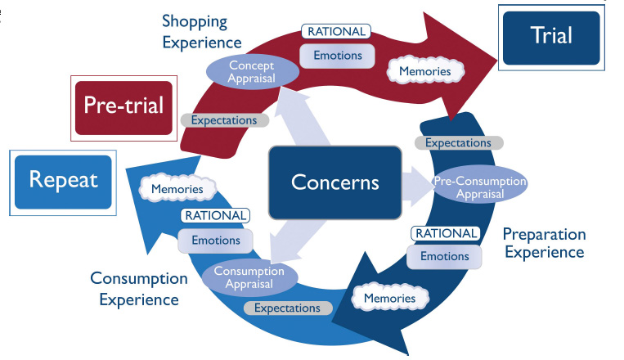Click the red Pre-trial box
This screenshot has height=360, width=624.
[123, 106]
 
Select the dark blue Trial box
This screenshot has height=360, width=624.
[551, 37]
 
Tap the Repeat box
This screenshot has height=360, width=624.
[63, 181]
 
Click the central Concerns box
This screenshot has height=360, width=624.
[335, 182]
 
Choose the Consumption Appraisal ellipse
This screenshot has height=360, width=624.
[249, 276]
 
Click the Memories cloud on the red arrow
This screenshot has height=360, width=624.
[424, 71]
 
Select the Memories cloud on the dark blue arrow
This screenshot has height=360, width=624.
[389, 299]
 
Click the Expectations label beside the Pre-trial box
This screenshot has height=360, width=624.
[224, 120]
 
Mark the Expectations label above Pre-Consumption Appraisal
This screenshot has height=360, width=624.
[459, 142]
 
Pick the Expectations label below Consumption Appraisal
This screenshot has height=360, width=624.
[287, 308]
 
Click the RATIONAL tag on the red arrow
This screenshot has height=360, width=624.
[337, 32]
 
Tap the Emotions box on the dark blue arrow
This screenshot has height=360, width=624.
[445, 256]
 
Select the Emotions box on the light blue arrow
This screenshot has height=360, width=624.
[216, 241]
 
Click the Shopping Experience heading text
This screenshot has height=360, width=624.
[201, 30]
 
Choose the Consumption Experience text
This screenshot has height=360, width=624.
[138, 289]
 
